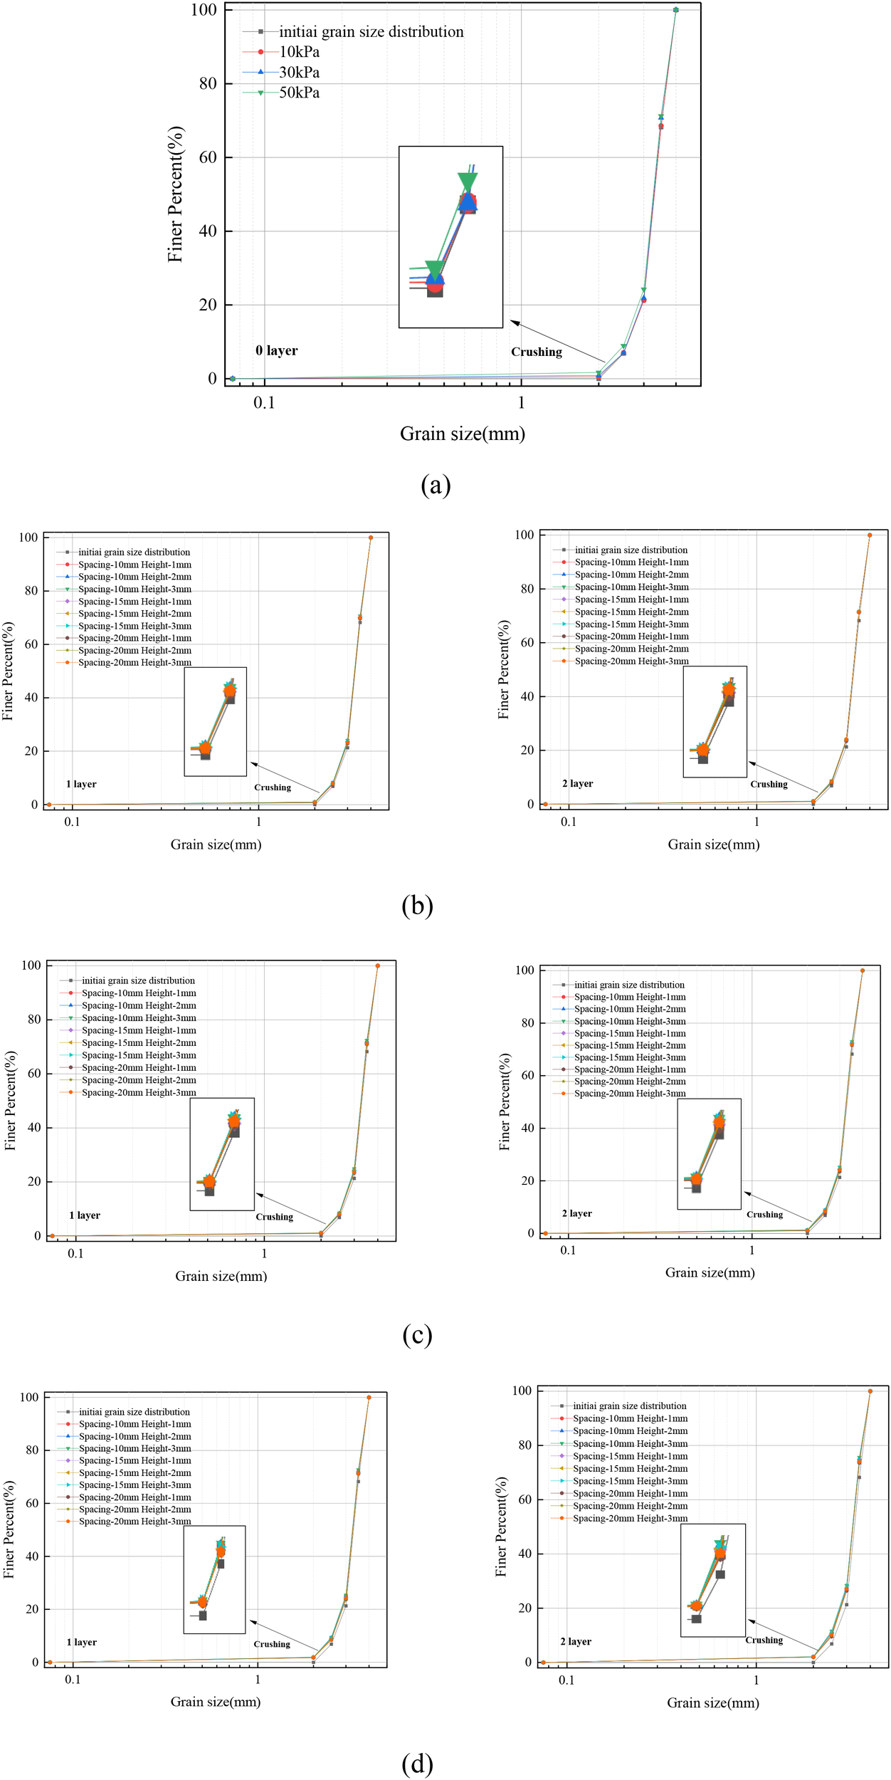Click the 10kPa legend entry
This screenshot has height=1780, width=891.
point(299,52)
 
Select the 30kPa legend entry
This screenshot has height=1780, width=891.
point(299,73)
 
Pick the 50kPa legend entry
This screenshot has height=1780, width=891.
point(299,93)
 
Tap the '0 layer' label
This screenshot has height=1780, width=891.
point(277,350)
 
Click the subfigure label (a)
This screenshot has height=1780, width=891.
point(436,485)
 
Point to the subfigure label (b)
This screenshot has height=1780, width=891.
point(417,905)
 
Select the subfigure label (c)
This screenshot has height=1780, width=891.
point(417,1334)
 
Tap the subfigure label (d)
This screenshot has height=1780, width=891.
point(417,1763)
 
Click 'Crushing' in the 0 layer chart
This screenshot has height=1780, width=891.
point(537,352)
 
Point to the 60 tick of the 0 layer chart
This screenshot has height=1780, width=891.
point(208,157)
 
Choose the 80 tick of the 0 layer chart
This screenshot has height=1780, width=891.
point(208,83)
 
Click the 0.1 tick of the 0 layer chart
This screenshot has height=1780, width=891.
point(264,402)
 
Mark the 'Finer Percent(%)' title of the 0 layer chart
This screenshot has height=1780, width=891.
point(176,194)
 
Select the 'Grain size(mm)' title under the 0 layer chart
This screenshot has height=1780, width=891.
point(463,434)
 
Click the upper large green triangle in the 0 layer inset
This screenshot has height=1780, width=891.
point(468,182)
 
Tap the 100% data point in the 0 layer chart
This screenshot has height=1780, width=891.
point(675,10)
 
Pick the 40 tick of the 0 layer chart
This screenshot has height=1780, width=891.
point(208,231)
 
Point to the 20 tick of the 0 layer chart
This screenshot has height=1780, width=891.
point(208,305)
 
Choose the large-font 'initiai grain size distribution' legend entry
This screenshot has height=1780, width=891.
point(371,32)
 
